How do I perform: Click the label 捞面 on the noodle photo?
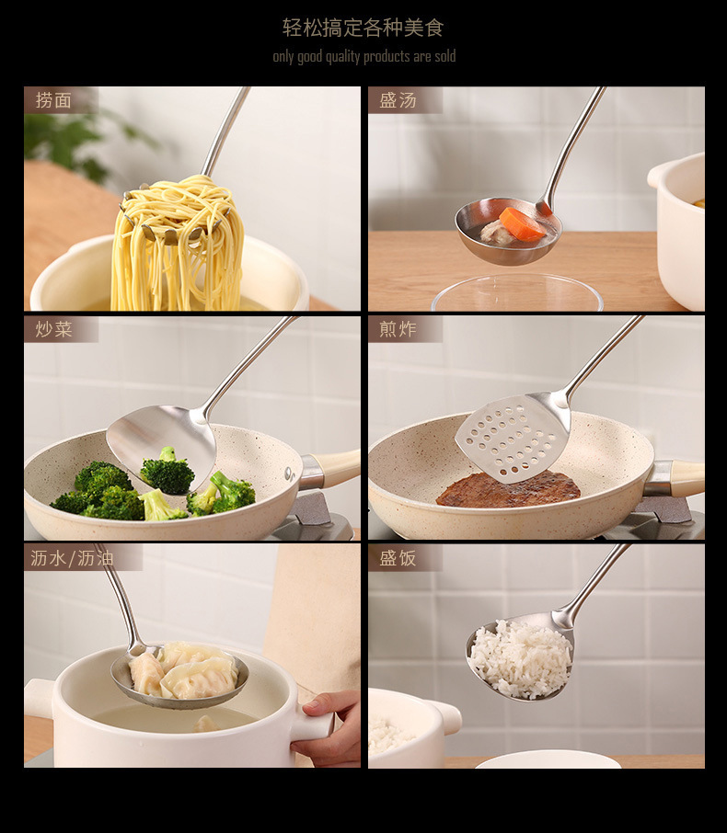(x=53, y=100)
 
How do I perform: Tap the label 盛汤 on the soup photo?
(x=398, y=100)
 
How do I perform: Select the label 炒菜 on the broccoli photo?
(x=53, y=329)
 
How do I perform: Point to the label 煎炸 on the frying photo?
(x=398, y=329)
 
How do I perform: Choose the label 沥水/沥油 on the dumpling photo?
(x=72, y=558)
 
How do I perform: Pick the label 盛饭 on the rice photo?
(x=398, y=558)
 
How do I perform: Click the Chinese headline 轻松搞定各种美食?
(x=363, y=28)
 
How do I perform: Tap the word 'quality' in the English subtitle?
(x=343, y=56)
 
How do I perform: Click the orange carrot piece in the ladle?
(x=523, y=223)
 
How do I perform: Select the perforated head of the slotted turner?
(x=512, y=437)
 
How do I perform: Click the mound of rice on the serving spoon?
(x=521, y=657)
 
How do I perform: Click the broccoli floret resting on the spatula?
(x=167, y=471)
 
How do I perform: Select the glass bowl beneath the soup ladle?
(x=517, y=292)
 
